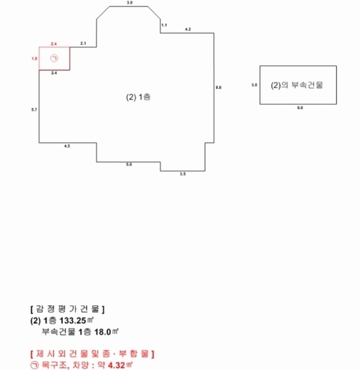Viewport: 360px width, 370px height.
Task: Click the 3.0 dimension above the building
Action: point(130,2)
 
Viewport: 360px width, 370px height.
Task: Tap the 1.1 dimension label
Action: point(164,25)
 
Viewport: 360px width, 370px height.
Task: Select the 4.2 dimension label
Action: point(188,29)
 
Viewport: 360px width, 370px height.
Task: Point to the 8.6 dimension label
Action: point(219,88)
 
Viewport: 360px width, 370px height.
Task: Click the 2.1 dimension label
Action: point(83,43)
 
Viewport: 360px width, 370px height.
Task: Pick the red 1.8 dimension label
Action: point(35,59)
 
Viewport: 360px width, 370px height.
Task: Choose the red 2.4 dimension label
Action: point(54,44)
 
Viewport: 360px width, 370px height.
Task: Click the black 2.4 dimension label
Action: point(54,73)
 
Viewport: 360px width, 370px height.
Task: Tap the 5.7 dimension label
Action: point(34,110)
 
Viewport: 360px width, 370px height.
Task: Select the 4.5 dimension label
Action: point(67,146)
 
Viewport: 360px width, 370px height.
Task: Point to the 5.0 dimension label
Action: point(129,165)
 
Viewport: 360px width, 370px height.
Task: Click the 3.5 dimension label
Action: point(183,174)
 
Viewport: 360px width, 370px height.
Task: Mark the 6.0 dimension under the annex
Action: point(300,108)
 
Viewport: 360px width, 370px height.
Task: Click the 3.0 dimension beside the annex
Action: point(254,85)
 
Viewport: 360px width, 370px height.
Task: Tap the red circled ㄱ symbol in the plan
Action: point(54,59)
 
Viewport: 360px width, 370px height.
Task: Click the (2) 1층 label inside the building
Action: point(138,97)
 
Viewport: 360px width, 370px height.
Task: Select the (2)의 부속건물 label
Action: point(296,85)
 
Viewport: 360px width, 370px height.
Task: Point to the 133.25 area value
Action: point(73,321)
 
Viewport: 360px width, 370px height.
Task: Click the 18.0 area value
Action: point(103,332)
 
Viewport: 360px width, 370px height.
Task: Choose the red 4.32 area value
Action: point(117,365)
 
